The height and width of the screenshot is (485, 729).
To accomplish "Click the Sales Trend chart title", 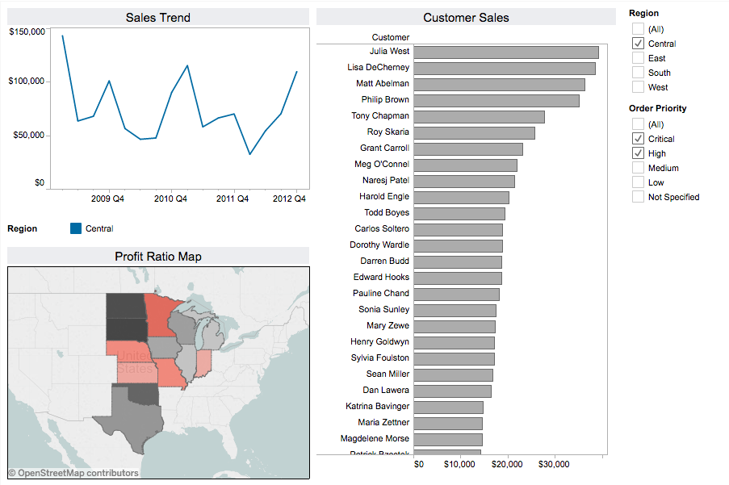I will coord(158,17).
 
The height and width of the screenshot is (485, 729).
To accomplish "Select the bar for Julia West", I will coord(506,52).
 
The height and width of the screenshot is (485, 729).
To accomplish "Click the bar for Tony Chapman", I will coord(479,116).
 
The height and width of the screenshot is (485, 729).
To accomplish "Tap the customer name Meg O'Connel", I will coord(382,165).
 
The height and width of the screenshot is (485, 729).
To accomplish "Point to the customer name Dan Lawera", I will coord(386,391).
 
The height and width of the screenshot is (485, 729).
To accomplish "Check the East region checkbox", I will coord(639,58).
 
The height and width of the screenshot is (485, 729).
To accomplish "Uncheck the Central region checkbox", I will coord(639,44).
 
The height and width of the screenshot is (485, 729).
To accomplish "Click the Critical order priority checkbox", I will coord(639,139).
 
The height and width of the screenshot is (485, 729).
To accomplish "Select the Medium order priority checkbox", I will coord(639,168).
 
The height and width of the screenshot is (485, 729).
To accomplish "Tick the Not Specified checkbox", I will coord(639,197).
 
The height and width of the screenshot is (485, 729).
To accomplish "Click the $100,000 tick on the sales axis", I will coord(27,82).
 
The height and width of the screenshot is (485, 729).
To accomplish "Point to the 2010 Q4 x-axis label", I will coord(170,199).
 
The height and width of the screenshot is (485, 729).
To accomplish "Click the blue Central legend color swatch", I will coord(76,228).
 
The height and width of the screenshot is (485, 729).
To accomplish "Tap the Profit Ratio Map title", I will coord(158,257).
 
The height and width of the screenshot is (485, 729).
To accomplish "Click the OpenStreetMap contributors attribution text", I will coord(73,473).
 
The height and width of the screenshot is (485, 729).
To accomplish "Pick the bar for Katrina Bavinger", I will coord(448,407).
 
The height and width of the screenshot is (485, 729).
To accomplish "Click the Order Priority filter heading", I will coord(657,108).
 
